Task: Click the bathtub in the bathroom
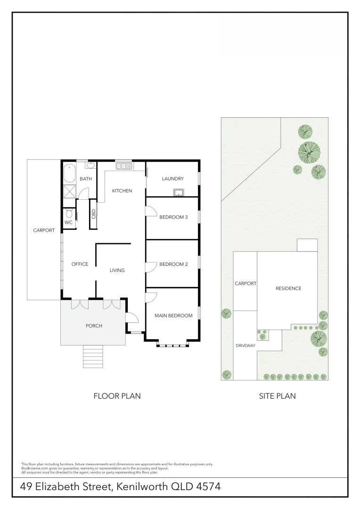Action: tap(70, 173)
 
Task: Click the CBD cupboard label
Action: tap(93, 213)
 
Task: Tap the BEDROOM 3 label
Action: tap(173, 217)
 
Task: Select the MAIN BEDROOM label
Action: tap(173, 316)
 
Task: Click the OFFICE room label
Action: tap(80, 264)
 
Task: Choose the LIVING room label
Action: tap(117, 271)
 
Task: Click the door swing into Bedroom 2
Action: tap(150, 267)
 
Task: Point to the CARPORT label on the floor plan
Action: tap(44, 230)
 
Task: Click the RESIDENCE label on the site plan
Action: tap(288, 288)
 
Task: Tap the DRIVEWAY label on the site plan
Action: tap(245, 346)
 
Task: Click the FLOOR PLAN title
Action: tap(117, 396)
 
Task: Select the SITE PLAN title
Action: tap(277, 396)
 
